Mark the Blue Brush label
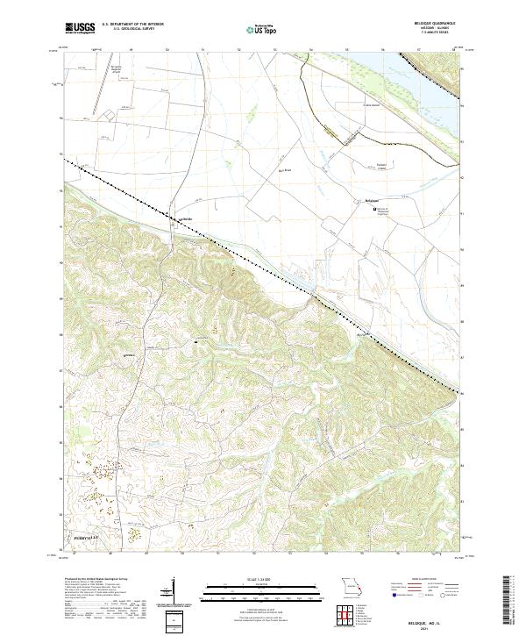pos(285,170)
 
